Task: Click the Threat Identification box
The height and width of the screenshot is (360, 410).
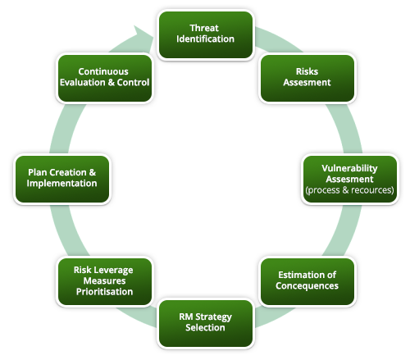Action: (x=205, y=34)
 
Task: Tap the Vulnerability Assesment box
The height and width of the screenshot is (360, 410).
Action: (x=348, y=179)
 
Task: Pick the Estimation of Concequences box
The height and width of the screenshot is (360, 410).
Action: (x=307, y=281)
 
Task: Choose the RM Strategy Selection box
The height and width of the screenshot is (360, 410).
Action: (x=205, y=322)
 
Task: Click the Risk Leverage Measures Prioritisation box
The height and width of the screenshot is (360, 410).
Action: (x=103, y=281)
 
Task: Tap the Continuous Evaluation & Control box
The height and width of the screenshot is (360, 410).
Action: (x=103, y=77)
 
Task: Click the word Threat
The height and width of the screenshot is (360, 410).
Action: (x=205, y=28)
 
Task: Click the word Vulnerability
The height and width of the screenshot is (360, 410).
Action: (x=349, y=168)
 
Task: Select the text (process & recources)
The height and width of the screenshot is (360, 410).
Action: (x=349, y=190)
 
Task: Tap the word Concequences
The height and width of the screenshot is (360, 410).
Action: (x=307, y=287)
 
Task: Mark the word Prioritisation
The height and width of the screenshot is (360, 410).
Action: (x=103, y=292)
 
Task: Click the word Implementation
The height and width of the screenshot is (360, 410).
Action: (x=62, y=184)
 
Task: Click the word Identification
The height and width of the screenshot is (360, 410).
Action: (x=205, y=39)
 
